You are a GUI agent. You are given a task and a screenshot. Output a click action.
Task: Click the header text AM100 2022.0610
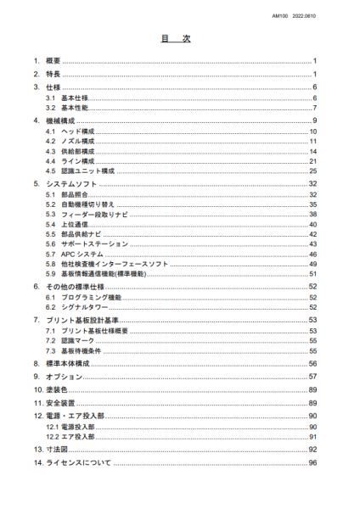pyautogui.click(x=315, y=15)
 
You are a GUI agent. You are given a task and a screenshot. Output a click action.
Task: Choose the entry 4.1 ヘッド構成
pyautogui.click(x=70, y=131)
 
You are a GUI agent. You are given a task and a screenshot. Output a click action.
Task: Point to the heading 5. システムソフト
pyautogui.click(x=70, y=183)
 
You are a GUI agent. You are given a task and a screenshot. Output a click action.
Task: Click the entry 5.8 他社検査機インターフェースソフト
pyautogui.click(x=101, y=264)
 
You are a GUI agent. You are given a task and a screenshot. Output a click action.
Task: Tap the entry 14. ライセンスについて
pyautogui.click(x=70, y=462)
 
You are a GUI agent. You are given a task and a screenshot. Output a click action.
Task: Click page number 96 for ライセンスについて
pyautogui.click(x=312, y=462)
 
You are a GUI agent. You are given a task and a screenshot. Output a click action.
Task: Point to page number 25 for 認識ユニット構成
pyautogui.click(x=312, y=170)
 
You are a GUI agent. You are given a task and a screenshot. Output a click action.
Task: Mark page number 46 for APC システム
pyautogui.click(x=312, y=253)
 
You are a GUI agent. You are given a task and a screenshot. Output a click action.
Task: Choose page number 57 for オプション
pyautogui.click(x=312, y=375)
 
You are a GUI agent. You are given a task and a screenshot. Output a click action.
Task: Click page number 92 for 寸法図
pyautogui.click(x=312, y=448)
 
